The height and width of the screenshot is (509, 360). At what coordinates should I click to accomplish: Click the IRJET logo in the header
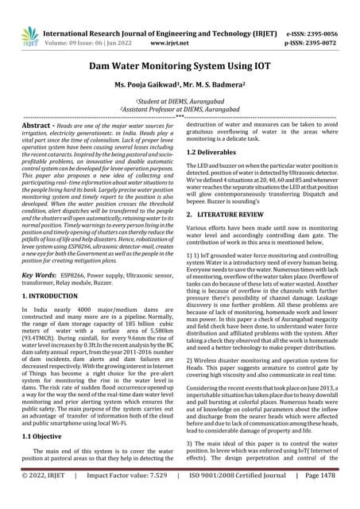pos(29,33)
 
